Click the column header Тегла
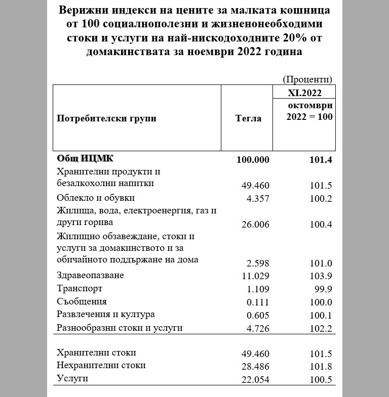click(x=248, y=118)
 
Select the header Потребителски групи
click(x=106, y=118)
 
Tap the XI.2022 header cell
click(x=304, y=93)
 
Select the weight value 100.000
click(x=253, y=159)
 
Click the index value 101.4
click(x=321, y=159)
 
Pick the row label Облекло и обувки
click(x=96, y=197)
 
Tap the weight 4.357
click(x=258, y=198)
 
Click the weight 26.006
click(x=256, y=224)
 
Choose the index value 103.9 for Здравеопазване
click(x=321, y=276)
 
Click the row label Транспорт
click(x=80, y=288)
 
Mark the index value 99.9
click(x=323, y=289)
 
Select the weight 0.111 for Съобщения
click(x=258, y=302)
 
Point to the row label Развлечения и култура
click(x=106, y=314)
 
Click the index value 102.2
click(x=321, y=328)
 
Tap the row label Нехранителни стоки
click(x=102, y=365)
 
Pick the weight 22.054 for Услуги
click(x=256, y=380)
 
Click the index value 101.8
click(x=321, y=367)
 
